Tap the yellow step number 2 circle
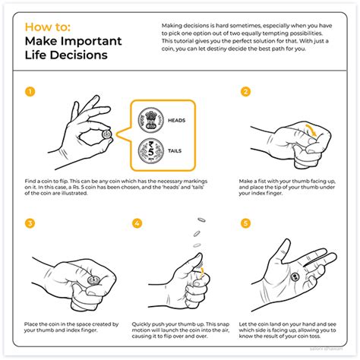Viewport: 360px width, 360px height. (245, 92)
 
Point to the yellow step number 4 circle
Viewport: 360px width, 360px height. (137, 223)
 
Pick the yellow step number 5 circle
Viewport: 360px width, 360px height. (245, 223)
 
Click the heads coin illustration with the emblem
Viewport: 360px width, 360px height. (149, 120)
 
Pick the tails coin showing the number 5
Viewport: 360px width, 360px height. (149, 151)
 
